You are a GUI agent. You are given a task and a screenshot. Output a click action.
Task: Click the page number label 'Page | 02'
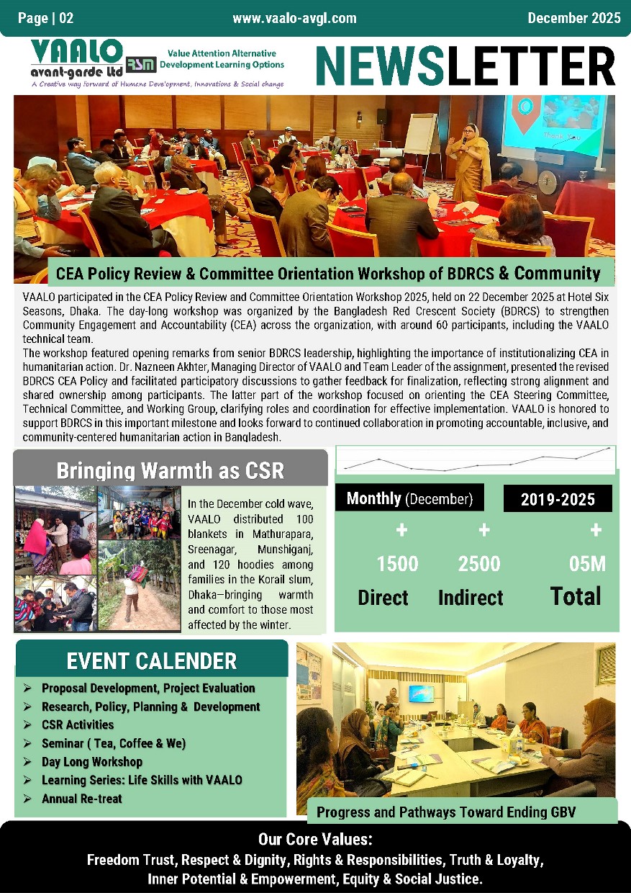(x=46, y=18)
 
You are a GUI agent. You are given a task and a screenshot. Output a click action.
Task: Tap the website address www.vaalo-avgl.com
(x=294, y=18)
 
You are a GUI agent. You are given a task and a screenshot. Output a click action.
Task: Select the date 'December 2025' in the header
(x=573, y=18)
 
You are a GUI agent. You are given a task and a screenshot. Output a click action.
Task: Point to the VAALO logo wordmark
(x=77, y=52)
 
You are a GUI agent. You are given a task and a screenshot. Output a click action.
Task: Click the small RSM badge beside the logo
(x=140, y=64)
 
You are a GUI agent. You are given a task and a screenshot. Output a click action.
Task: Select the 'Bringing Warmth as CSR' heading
(x=171, y=471)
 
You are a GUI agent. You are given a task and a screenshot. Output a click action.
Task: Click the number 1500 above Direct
(x=397, y=564)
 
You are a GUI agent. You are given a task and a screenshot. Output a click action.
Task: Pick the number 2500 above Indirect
(x=479, y=564)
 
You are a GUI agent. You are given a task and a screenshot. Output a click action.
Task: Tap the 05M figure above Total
(x=587, y=565)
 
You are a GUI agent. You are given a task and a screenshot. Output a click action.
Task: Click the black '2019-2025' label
(x=558, y=498)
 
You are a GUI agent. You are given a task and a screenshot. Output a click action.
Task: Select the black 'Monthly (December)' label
(x=409, y=498)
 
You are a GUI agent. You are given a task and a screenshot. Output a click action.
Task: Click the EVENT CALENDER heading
(x=152, y=660)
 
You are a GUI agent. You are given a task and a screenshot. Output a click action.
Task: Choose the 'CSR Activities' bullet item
(x=78, y=724)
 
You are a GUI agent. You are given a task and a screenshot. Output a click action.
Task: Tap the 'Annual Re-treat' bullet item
(x=82, y=799)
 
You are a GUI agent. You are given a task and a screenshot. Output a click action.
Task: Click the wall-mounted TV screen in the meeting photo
(x=421, y=694)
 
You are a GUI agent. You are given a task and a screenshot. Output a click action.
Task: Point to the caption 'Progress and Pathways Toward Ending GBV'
(x=446, y=813)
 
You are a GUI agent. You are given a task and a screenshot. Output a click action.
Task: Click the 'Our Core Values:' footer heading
(x=315, y=840)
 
